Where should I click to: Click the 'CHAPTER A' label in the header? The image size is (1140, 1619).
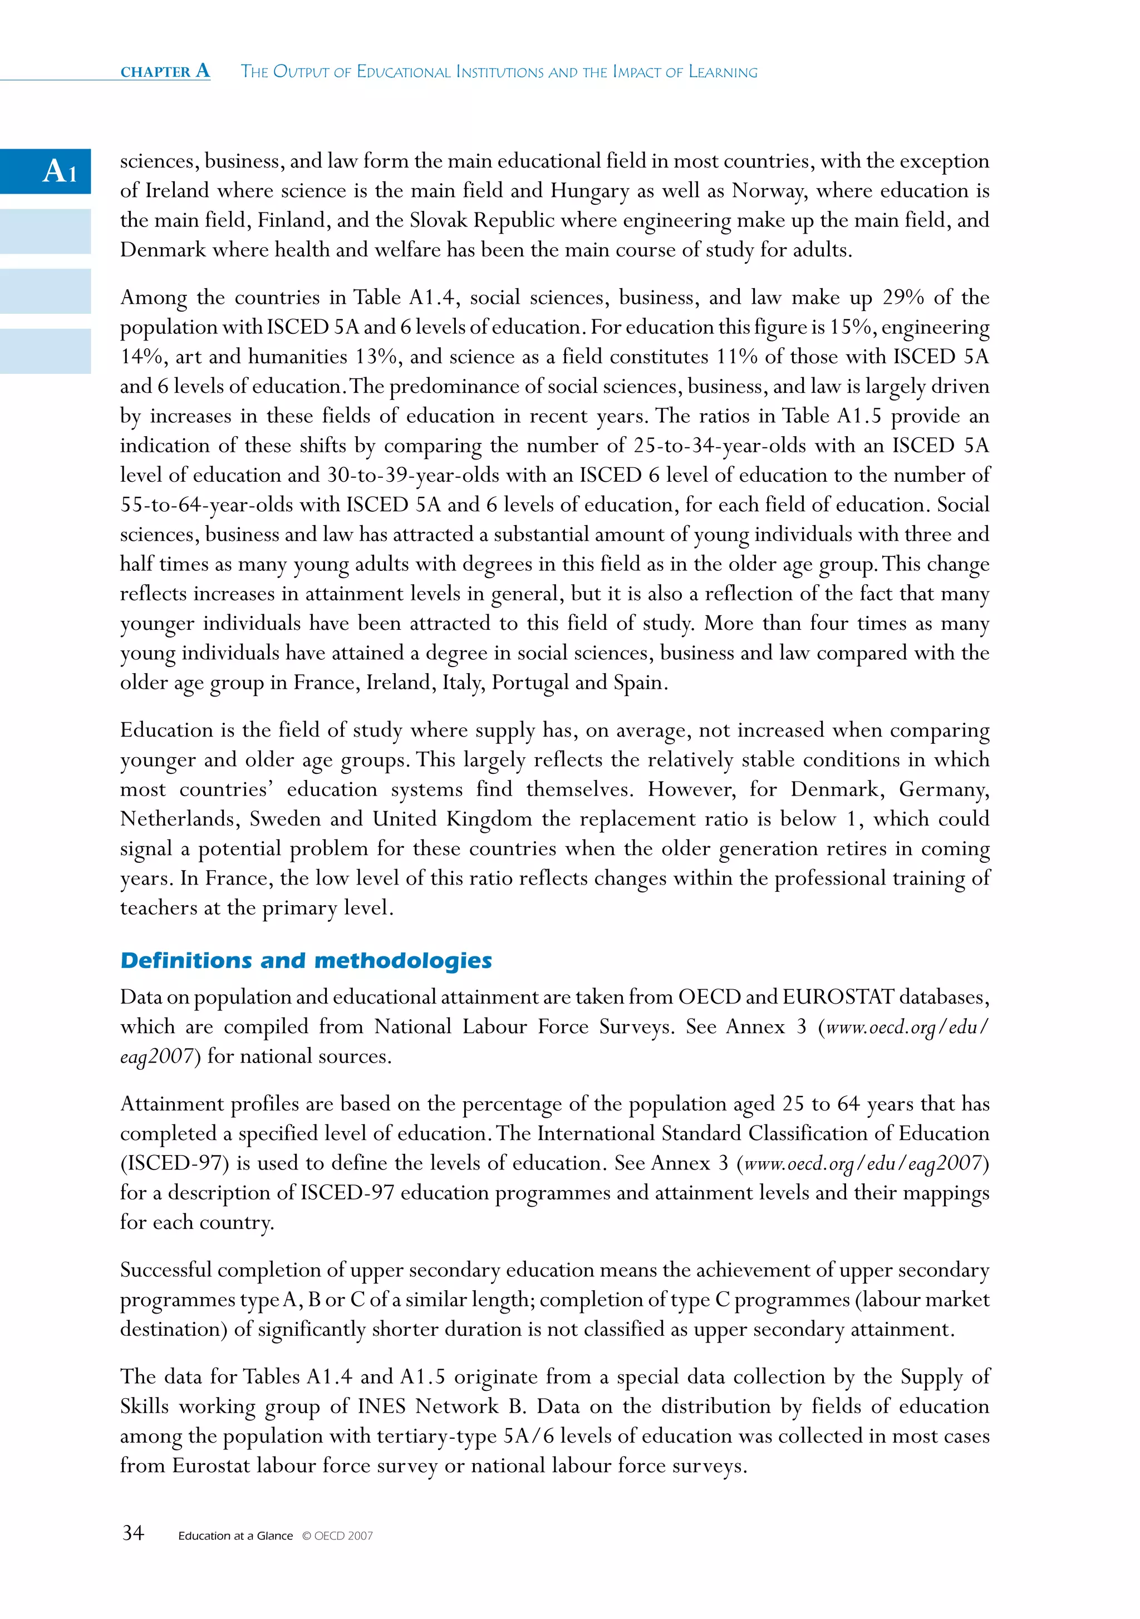point(165,71)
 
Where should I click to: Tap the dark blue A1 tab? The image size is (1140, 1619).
point(46,171)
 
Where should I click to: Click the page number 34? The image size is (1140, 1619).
point(134,1532)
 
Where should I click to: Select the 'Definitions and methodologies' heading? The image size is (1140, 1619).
point(306,960)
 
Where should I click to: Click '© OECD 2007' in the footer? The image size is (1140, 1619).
point(337,1536)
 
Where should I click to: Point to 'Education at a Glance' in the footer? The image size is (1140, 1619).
point(235,1536)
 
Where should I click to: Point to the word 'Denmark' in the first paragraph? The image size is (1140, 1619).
point(162,250)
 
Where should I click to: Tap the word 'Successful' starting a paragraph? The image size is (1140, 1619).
point(165,1270)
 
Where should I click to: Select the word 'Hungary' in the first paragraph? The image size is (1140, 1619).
point(589,190)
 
